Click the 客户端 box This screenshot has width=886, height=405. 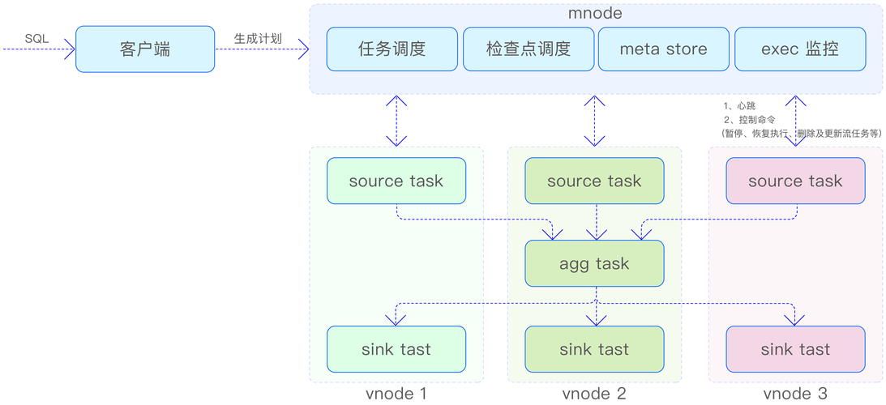click(145, 49)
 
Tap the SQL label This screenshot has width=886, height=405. click(36, 39)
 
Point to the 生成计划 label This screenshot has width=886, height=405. click(258, 38)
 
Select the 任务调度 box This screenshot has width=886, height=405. click(392, 49)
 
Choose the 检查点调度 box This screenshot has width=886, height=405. click(529, 49)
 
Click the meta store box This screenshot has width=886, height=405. click(663, 49)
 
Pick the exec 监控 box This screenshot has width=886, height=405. click(799, 49)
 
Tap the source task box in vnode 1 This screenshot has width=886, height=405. click(396, 181)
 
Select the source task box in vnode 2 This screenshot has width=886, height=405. click(594, 181)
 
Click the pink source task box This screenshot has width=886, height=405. click(795, 181)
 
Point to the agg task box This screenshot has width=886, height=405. click(594, 263)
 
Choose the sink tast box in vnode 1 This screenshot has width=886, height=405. click(396, 349)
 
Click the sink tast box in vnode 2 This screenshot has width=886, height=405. click(594, 349)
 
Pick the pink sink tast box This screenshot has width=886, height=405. click(795, 349)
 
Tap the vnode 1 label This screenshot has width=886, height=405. click(396, 393)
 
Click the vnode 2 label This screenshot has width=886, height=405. click(594, 393)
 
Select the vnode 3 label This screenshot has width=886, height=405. click(795, 393)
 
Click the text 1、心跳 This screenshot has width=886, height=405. click(739, 105)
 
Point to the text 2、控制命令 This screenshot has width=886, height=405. click(750, 120)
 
